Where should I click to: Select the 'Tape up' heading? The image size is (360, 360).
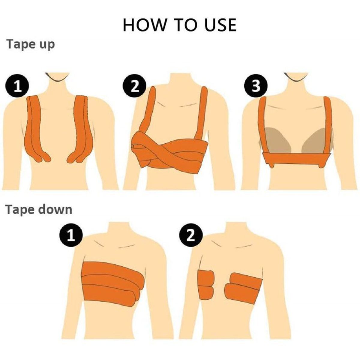click(x=31, y=44)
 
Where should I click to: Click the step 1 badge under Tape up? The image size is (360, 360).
click(x=17, y=86)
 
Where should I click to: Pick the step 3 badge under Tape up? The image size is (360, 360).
click(x=256, y=86)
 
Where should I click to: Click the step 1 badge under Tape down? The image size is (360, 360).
click(x=71, y=236)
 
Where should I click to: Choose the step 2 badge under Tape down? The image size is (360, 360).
click(x=190, y=236)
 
